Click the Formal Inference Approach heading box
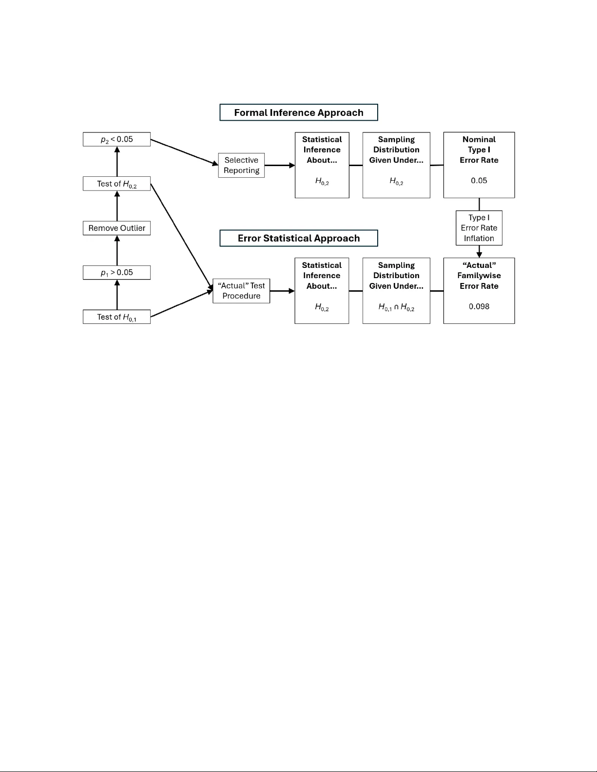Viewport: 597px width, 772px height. (298, 113)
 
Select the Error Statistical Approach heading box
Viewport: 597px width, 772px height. (298, 238)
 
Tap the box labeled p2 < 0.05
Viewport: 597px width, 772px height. (116, 139)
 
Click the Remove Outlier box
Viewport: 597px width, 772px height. (116, 228)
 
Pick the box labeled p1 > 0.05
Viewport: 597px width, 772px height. (116, 272)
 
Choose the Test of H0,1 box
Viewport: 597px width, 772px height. (116, 317)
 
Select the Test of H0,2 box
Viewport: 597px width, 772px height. (116, 184)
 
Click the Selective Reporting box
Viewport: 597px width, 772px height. (241, 165)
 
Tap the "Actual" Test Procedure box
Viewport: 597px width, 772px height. (241, 291)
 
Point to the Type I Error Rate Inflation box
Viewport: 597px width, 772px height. (479, 228)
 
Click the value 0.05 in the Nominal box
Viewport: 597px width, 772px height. (479, 181)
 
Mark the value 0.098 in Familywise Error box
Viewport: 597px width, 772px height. (479, 306)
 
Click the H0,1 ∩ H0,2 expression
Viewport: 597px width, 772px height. (396, 307)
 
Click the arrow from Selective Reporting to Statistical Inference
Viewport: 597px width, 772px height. (280, 166)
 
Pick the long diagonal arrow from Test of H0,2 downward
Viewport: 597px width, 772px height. (181, 236)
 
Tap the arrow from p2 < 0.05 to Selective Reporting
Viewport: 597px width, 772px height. (184, 152)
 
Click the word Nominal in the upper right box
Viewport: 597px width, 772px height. (479, 139)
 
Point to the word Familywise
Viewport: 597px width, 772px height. (479, 276)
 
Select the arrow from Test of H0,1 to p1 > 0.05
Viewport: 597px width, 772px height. (117, 295)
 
